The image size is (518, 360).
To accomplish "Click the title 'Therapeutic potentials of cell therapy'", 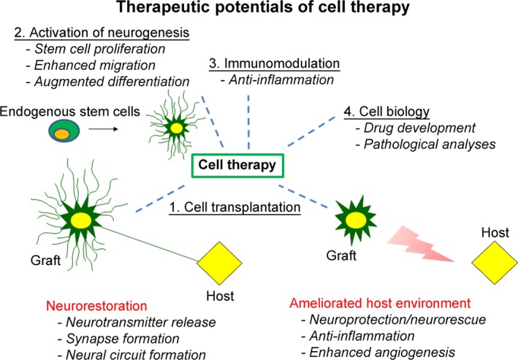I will point(259,11).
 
